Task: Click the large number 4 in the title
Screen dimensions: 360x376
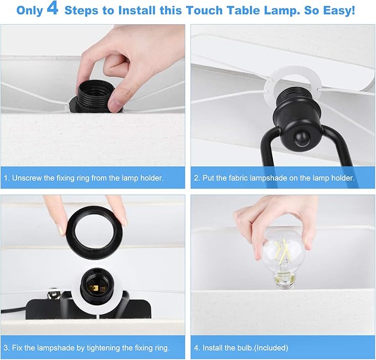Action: point(53,11)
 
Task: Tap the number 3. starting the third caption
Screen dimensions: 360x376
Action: point(6,348)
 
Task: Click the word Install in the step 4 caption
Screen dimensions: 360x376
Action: point(214,348)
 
